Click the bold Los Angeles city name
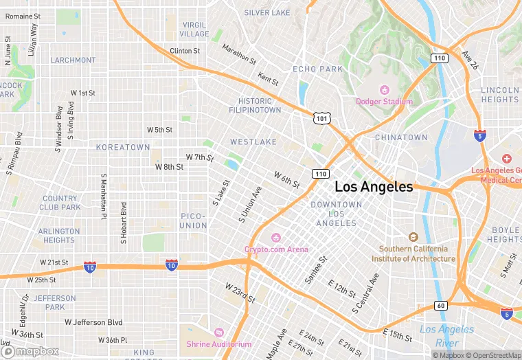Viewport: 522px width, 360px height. coord(374,187)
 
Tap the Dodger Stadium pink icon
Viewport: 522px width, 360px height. coord(385,90)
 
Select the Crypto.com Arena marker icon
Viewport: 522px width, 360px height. coord(277,238)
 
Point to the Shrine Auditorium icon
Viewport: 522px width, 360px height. coord(219,333)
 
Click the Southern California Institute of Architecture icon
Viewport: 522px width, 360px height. coord(413,236)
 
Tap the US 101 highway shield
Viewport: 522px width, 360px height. coord(321,119)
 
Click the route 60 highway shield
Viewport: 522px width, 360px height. coord(440,306)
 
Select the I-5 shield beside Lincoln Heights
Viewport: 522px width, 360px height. coord(480,135)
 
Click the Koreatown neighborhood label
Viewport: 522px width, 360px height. coord(123,147)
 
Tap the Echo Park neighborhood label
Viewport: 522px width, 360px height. coord(317,69)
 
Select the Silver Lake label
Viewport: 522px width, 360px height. coord(267,12)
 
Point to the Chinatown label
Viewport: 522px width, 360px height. coord(401,137)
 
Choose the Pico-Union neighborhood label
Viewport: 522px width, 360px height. coord(194,221)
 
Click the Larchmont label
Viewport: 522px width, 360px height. coord(73,60)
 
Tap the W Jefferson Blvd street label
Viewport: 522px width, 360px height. coord(93,322)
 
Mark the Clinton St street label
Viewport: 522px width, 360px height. coord(185,51)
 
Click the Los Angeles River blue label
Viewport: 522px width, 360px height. coord(447,336)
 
